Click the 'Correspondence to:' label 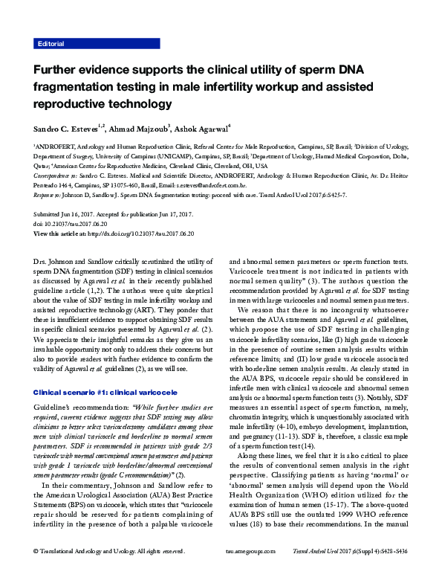point(55,176)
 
